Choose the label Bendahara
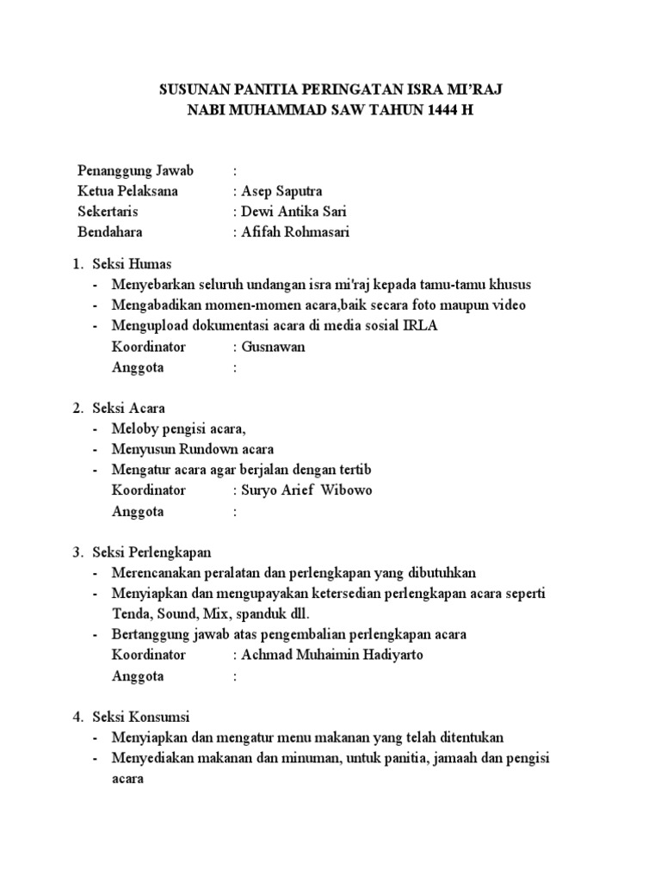click(x=110, y=232)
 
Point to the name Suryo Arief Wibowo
click(x=307, y=490)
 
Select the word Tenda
click(x=131, y=613)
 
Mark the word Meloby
click(x=134, y=428)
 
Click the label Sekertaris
click(x=108, y=212)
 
